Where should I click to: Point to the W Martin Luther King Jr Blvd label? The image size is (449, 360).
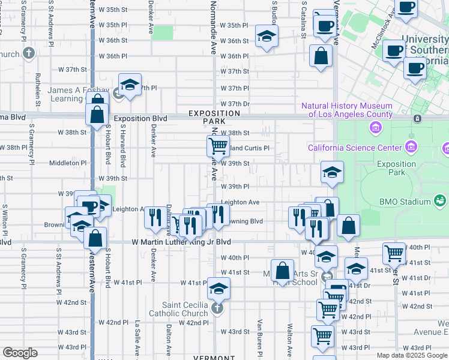click(181, 242)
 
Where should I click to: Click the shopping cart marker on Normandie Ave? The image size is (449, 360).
click(218, 145)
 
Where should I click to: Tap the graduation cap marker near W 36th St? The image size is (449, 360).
click(267, 36)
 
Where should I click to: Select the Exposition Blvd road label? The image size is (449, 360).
click(140, 119)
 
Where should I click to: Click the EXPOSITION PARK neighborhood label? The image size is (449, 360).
click(214, 117)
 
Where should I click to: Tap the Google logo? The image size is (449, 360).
click(20, 353)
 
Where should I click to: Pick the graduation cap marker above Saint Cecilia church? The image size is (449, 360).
click(219, 289)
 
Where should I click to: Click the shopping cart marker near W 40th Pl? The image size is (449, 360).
click(394, 253)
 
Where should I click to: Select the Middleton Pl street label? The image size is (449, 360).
click(68, 163)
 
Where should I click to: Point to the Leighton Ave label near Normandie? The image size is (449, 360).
click(240, 203)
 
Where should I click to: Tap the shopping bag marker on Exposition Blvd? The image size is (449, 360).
click(97, 114)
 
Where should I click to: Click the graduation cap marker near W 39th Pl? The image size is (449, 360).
click(332, 172)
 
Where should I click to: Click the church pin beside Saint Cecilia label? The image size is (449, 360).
click(217, 309)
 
